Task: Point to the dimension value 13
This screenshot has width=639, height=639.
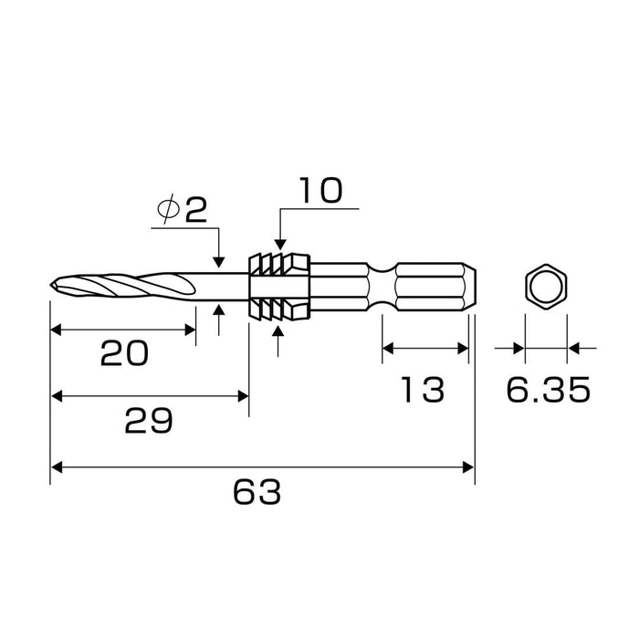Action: (422, 390)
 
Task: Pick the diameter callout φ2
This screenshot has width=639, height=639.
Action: (183, 209)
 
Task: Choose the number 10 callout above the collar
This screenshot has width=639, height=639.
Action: (319, 191)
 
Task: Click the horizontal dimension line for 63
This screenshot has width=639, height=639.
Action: (262, 466)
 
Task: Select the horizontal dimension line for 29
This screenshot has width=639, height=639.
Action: (149, 395)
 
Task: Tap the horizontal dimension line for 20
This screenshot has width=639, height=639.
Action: (122, 330)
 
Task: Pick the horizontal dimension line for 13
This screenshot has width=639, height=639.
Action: (424, 348)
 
